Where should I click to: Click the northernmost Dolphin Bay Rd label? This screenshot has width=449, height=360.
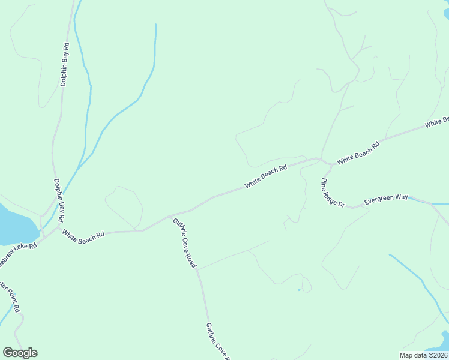tap(65, 64)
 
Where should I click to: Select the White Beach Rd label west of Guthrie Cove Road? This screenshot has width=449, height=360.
tap(83, 236)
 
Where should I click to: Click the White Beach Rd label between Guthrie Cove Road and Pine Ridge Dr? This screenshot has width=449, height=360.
tap(265, 177)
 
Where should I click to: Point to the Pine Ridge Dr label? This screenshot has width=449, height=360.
tap(333, 193)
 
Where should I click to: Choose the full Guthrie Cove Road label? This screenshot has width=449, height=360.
tap(184, 243)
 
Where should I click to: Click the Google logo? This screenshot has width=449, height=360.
tap(20, 353)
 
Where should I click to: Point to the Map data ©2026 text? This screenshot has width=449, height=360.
tap(423, 355)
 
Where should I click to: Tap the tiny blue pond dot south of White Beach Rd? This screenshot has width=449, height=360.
tap(298, 290)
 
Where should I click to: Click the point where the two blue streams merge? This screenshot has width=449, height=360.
tap(78, 168)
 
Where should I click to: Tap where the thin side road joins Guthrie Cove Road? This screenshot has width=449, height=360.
tap(197, 269)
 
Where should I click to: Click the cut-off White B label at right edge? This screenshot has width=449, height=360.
tap(437, 122)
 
